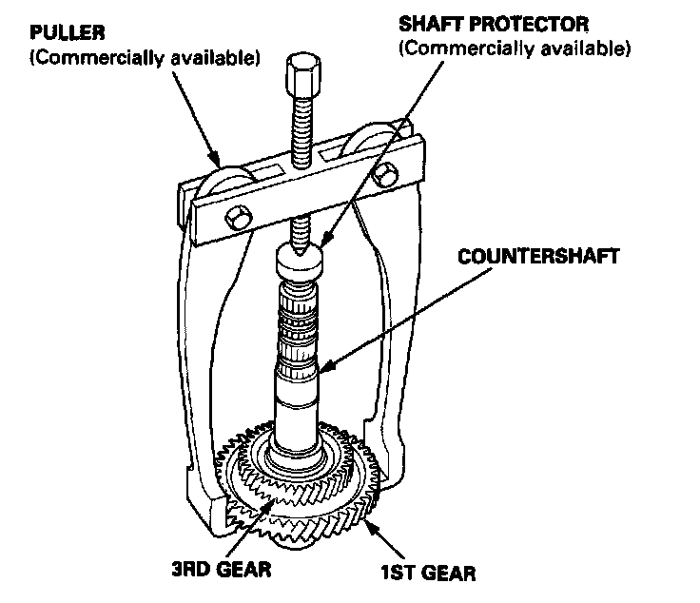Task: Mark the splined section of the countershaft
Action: (301, 318)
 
